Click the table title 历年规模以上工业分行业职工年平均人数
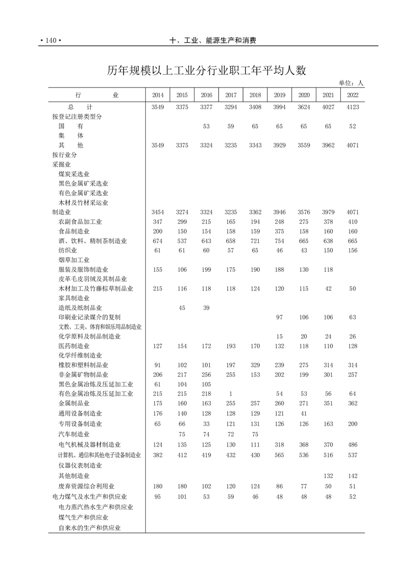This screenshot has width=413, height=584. coord(206,71)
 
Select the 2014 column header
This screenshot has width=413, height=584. coord(158,95)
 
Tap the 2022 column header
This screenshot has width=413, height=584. coord(352,95)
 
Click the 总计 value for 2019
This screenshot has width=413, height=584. coord(279,107)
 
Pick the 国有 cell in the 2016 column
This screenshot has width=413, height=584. coord(206,126)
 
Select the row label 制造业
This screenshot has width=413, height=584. coord(61,212)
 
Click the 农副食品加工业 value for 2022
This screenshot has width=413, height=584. coord(352,222)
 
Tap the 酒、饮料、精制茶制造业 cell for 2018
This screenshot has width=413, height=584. coord(255,241)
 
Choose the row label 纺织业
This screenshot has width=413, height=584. coord(68,250)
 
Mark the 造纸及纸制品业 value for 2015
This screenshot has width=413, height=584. coord(182,308)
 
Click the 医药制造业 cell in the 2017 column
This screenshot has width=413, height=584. coord(230,346)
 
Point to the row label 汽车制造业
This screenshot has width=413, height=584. coord(74,434)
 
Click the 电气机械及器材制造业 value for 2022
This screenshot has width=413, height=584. coord(352,445)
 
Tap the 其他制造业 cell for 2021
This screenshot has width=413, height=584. coord(328,476)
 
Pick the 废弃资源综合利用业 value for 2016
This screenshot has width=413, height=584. coord(206,486)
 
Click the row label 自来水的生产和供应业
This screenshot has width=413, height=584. coord(89,528)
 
